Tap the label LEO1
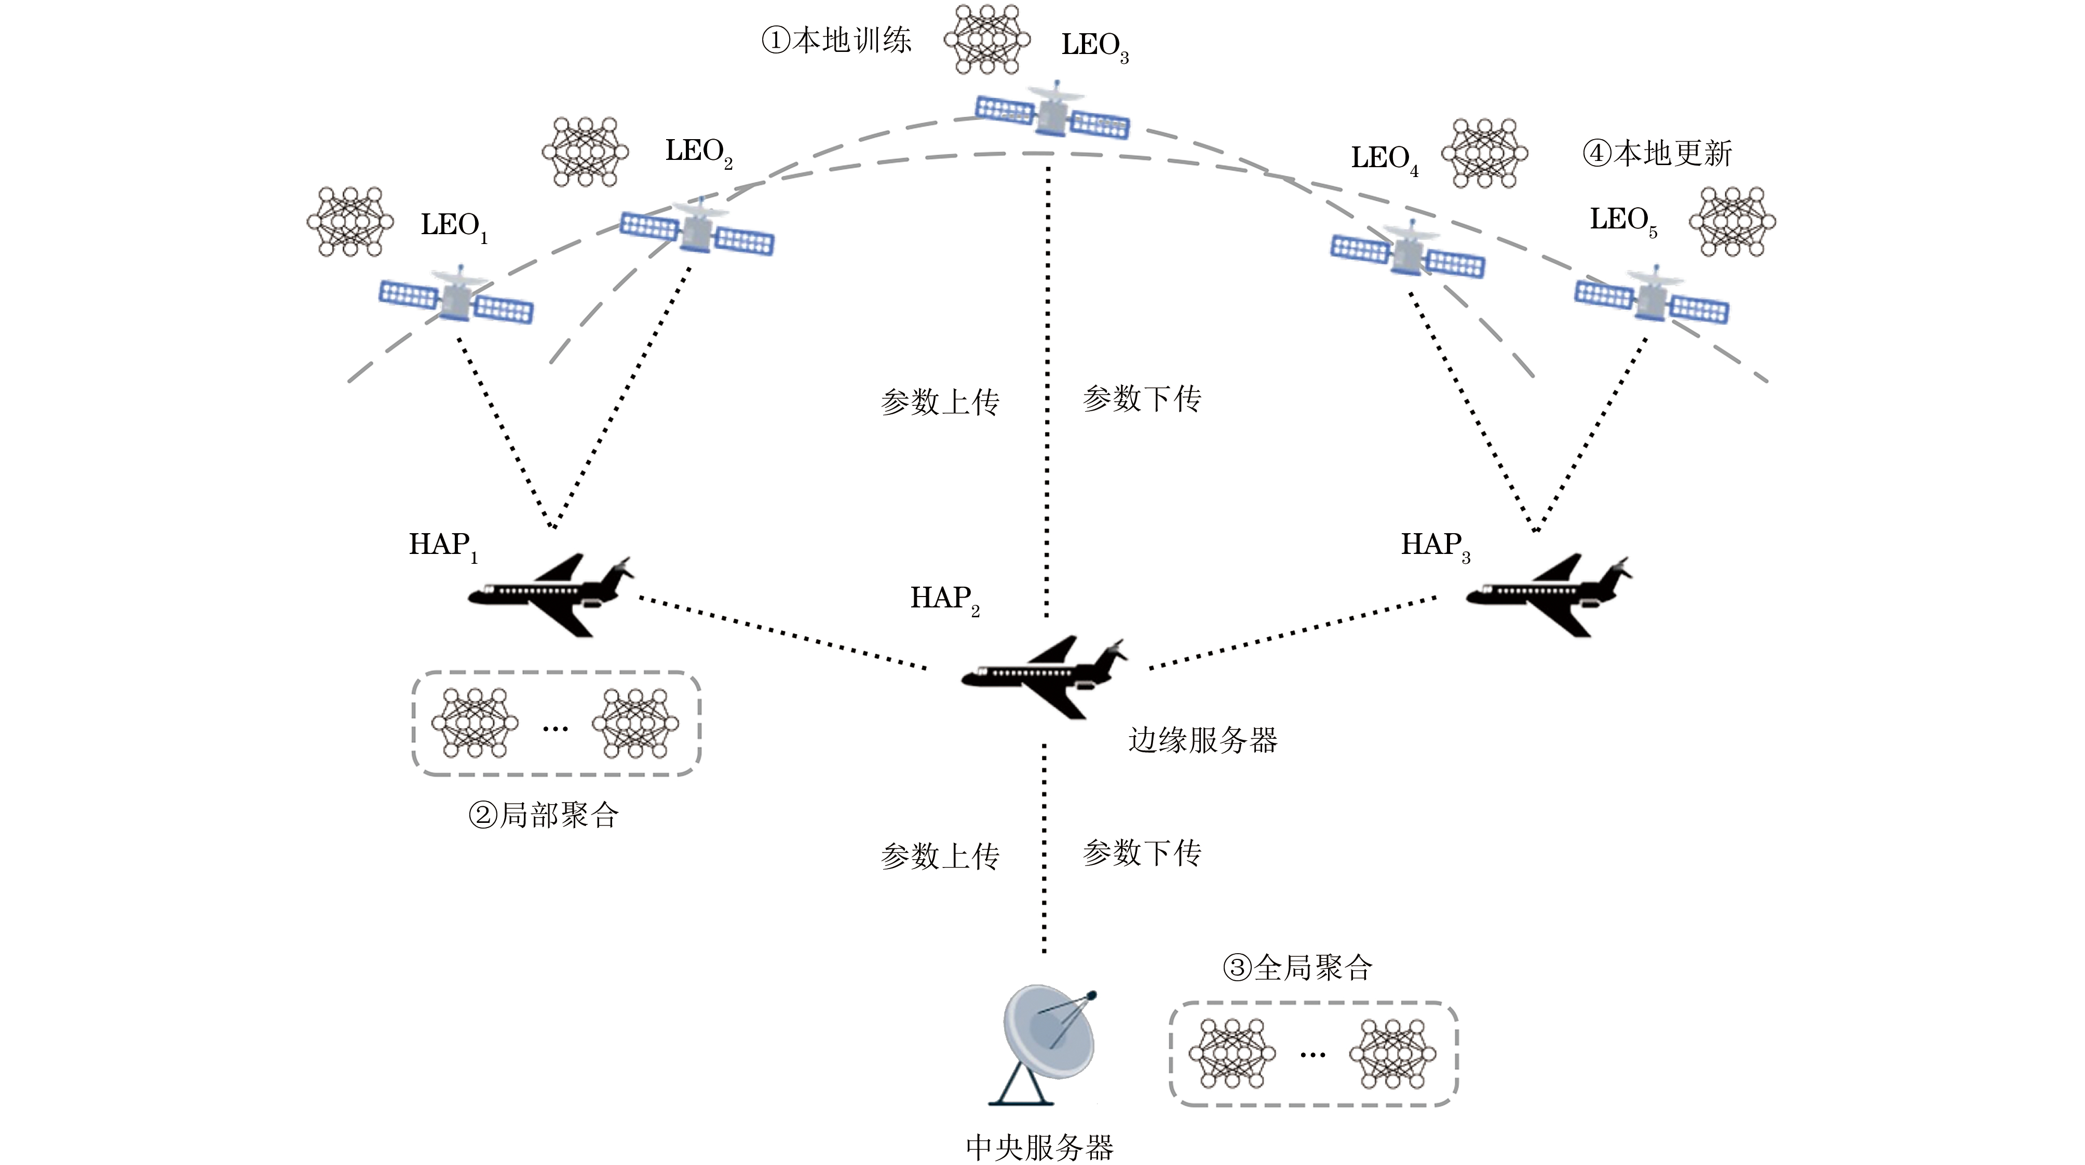[x=453, y=226]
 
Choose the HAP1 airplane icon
[x=550, y=595]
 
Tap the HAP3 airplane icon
[x=1549, y=595]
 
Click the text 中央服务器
[x=1039, y=1146]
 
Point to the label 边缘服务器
[x=1203, y=740]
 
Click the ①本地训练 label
[x=836, y=40]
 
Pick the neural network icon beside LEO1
[x=349, y=222]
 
